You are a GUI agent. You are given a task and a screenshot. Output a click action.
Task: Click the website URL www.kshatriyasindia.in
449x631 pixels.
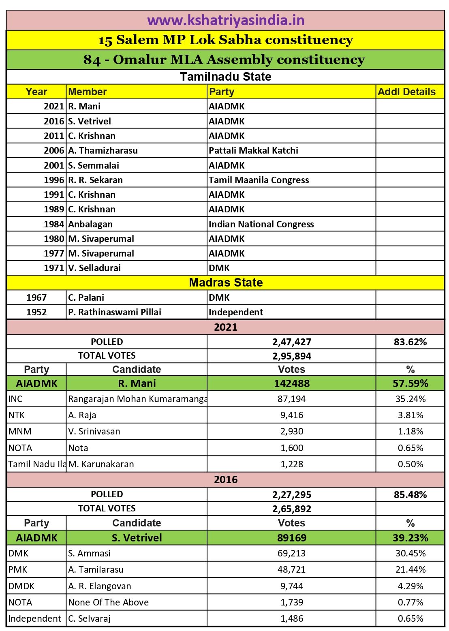point(226,20)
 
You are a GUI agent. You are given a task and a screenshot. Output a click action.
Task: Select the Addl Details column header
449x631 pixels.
point(406,92)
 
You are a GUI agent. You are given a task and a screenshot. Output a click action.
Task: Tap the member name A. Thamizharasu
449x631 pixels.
point(103,151)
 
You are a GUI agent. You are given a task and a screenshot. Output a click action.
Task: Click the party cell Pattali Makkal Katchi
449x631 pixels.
point(253,151)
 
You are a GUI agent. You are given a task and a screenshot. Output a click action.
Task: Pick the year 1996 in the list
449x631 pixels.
point(54,180)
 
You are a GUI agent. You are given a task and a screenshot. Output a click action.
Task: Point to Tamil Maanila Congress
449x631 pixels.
point(259,180)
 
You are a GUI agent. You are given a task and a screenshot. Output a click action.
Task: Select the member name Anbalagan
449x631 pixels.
point(90,224)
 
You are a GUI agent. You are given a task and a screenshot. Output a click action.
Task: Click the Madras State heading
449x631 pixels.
point(226,282)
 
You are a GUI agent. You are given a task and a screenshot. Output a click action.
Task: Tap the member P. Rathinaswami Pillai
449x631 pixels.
point(115,312)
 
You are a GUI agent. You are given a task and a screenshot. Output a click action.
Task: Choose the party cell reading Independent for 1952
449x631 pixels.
point(236,312)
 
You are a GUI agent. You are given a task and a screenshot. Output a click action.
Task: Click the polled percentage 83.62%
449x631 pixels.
point(410,342)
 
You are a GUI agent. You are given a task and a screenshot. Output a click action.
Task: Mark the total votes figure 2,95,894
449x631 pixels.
point(292,356)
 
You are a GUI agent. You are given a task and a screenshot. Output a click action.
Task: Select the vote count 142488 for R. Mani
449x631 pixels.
point(292,383)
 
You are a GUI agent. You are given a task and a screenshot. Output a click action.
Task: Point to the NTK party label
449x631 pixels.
point(17,415)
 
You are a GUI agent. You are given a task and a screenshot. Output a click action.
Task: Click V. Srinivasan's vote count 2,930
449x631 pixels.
point(292,431)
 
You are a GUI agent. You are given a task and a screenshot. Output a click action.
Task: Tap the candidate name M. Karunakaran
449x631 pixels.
point(101,464)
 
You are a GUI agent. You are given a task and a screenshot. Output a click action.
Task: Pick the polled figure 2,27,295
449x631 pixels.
point(292,495)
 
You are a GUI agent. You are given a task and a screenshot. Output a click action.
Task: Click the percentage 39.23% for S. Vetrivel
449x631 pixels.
point(410,538)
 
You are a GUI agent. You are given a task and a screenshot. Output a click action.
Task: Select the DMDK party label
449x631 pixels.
point(21,586)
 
